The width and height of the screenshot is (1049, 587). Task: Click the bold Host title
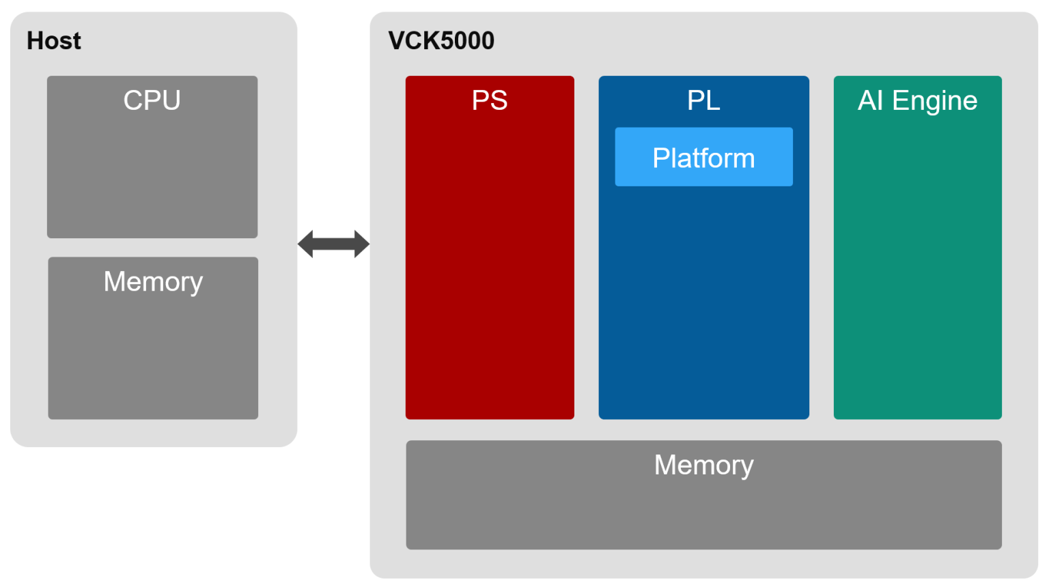click(53, 41)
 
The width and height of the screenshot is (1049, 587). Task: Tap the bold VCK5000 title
click(441, 41)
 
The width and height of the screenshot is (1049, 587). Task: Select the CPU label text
click(152, 100)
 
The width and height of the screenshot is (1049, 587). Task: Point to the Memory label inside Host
click(153, 282)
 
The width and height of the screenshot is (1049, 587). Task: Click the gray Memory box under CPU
click(153, 355)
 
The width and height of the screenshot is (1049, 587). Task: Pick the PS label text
click(490, 100)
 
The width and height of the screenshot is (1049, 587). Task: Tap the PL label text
click(703, 100)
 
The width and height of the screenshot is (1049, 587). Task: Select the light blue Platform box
click(703, 157)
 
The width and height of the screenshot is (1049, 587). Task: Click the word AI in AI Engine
click(870, 100)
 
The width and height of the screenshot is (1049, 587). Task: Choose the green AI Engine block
click(917, 273)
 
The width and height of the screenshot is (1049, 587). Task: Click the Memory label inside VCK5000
click(703, 466)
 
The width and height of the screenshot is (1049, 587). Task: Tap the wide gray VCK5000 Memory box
click(703, 512)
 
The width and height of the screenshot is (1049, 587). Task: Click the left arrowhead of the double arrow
click(306, 244)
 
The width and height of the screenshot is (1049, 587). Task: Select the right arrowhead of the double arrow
click(361, 244)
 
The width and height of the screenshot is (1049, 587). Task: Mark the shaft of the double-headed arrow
click(333, 244)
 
